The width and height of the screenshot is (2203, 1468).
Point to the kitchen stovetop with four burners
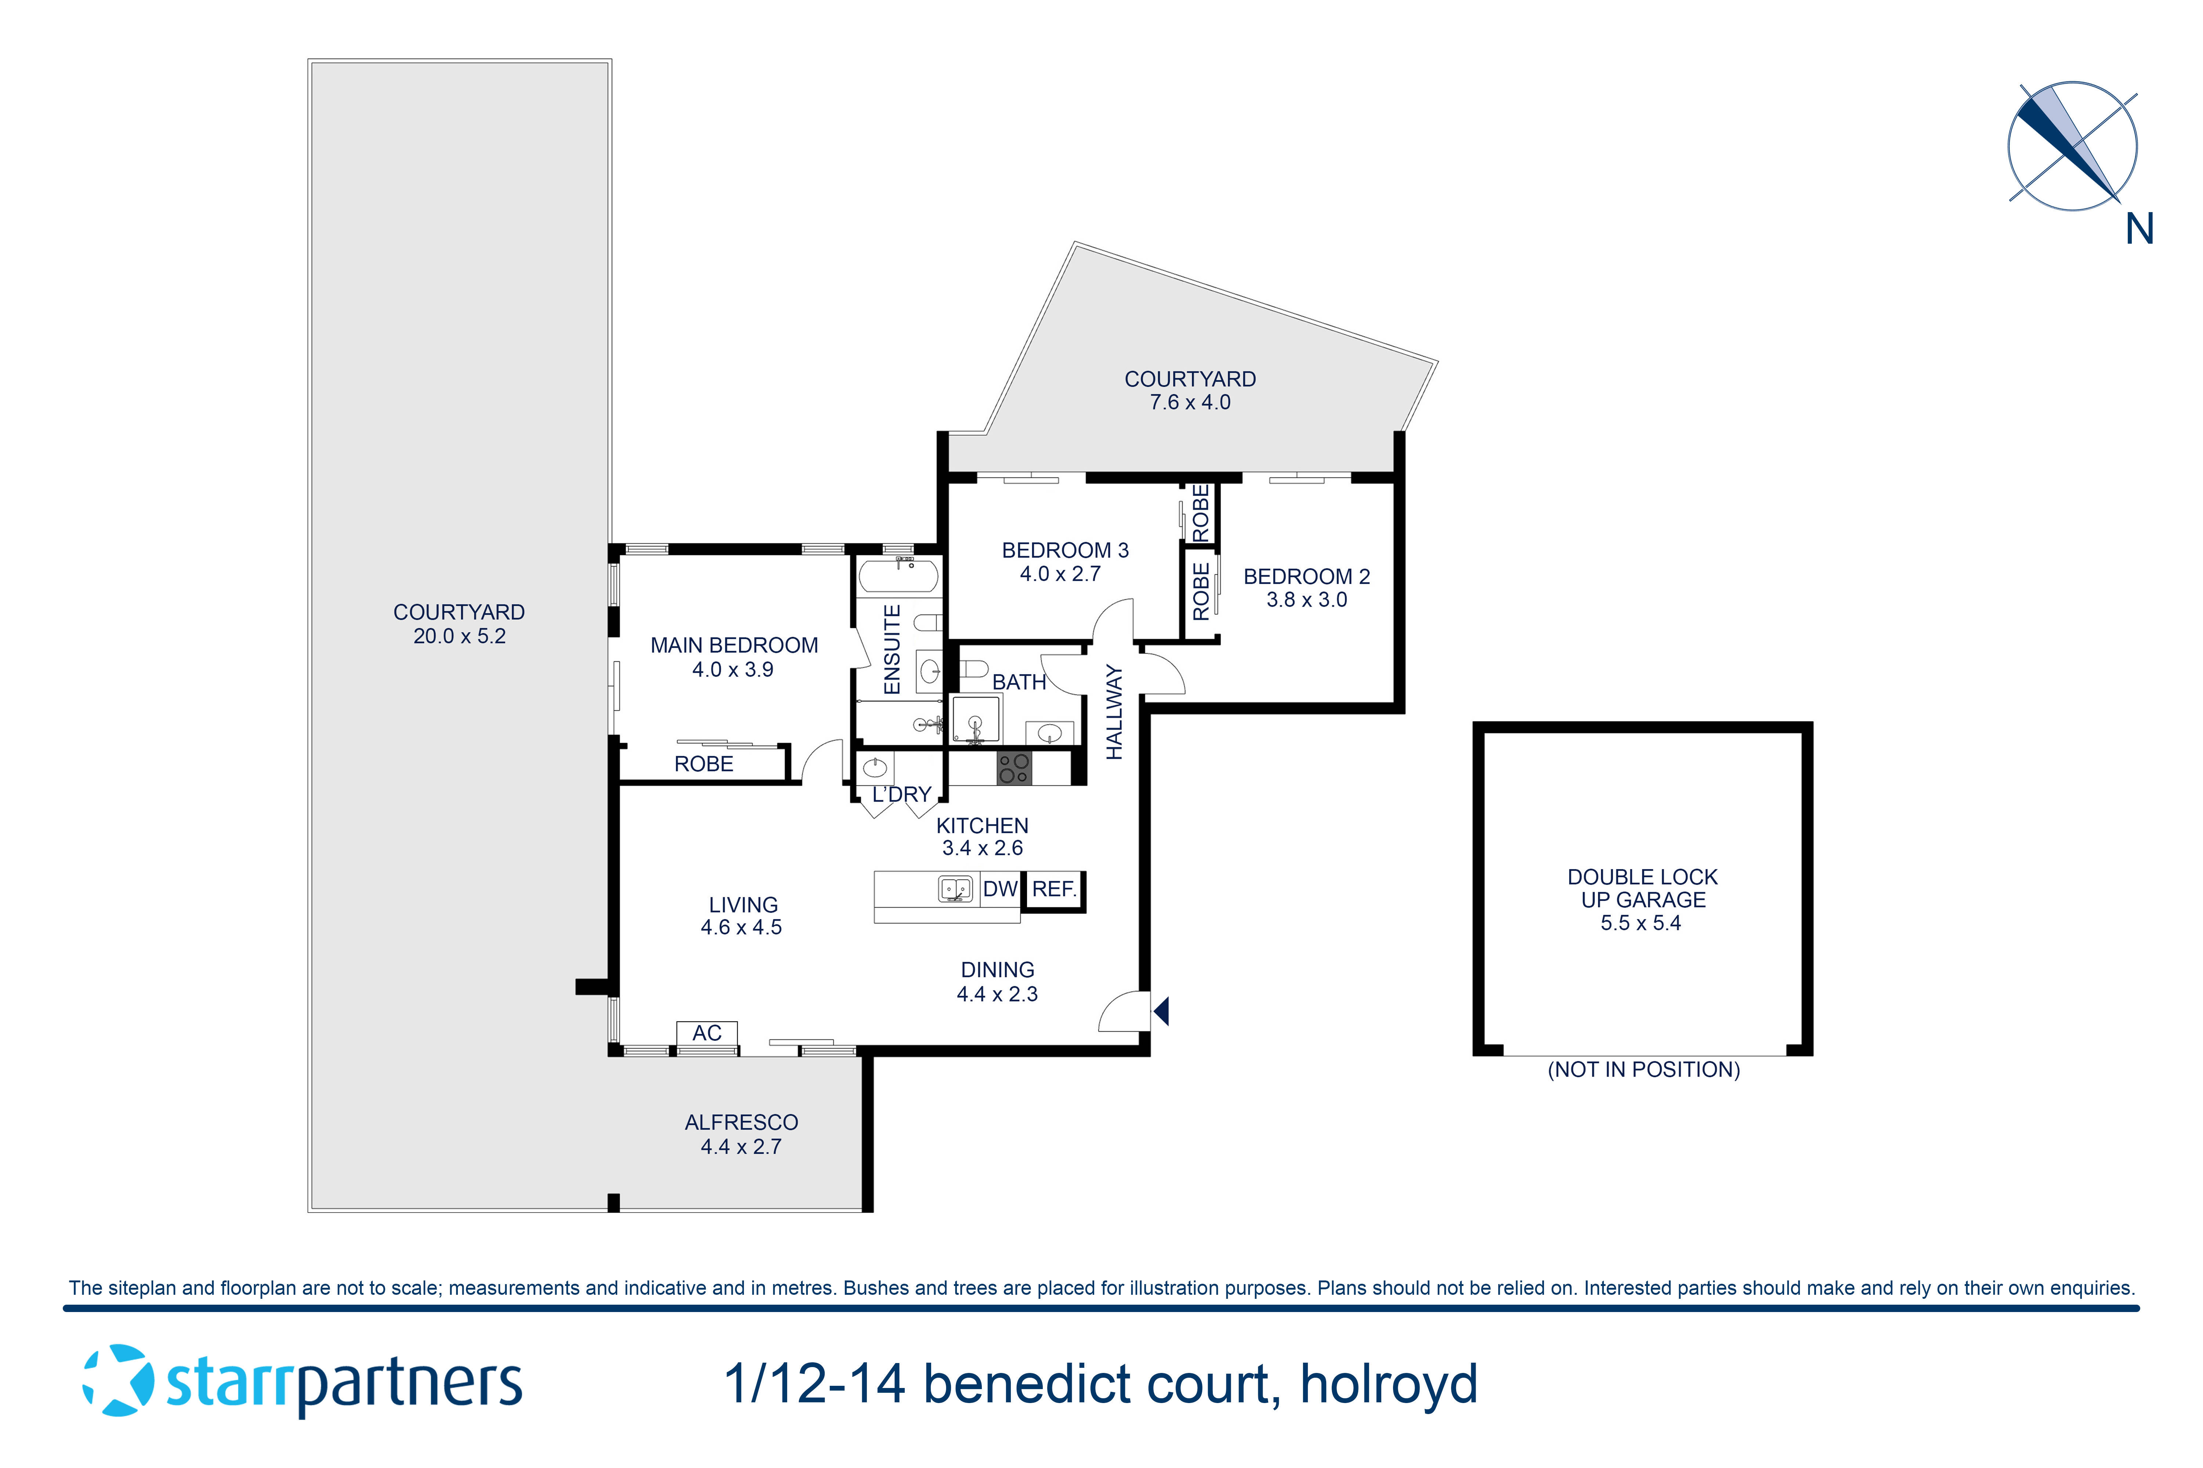[x=1013, y=768]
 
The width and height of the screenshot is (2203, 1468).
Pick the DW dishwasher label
[x=999, y=889]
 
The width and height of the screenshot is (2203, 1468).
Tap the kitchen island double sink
[x=954, y=889]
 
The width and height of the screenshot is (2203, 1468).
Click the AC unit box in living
[x=706, y=1033]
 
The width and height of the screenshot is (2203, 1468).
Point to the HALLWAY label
[x=1114, y=712]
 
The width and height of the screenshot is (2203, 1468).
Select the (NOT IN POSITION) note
[x=1643, y=1069]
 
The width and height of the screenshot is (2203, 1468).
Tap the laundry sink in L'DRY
[x=875, y=768]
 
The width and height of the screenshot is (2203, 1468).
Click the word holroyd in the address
[x=1388, y=1384]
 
